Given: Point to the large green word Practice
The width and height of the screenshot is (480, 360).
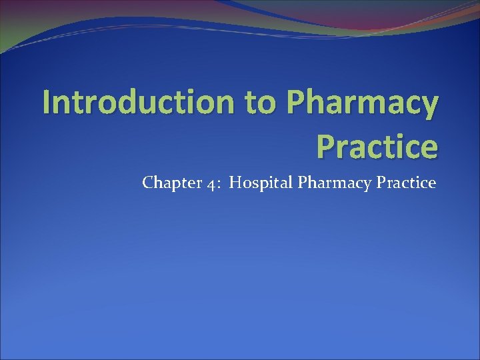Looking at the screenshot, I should (377, 147).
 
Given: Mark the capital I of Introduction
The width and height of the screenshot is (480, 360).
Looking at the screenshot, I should (46, 103).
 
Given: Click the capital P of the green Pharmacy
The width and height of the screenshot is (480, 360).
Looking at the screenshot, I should (297, 103).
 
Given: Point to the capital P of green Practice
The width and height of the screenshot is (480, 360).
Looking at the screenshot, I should (326, 147).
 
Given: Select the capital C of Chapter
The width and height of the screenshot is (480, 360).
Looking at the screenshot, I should (147, 183).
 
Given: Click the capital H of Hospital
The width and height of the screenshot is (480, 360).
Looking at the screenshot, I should (235, 183).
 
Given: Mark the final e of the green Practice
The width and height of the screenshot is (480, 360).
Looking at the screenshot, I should (429, 149).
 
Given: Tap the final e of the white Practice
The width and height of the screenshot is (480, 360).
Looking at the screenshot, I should (432, 184).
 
